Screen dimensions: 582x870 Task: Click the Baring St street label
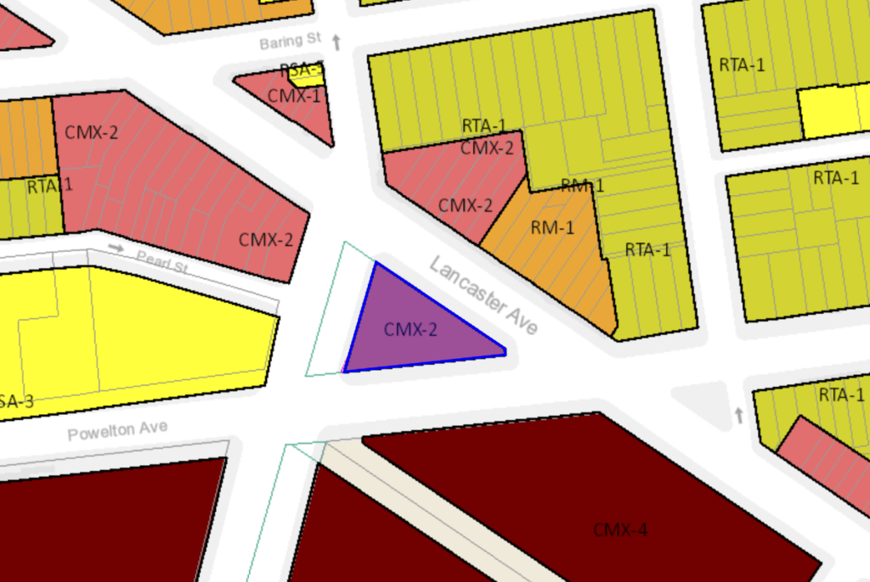(x=290, y=42)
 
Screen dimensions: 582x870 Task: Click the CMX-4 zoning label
(x=620, y=530)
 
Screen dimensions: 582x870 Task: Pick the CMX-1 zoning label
(x=294, y=95)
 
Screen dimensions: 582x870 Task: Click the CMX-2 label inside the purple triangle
(x=410, y=329)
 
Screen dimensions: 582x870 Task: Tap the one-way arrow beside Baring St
(x=336, y=42)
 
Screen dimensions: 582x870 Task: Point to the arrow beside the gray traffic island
(x=738, y=415)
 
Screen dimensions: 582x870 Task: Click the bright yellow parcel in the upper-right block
(x=833, y=111)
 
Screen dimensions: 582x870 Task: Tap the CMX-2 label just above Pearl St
(x=266, y=239)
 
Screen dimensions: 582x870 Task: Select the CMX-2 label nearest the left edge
(x=91, y=132)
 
